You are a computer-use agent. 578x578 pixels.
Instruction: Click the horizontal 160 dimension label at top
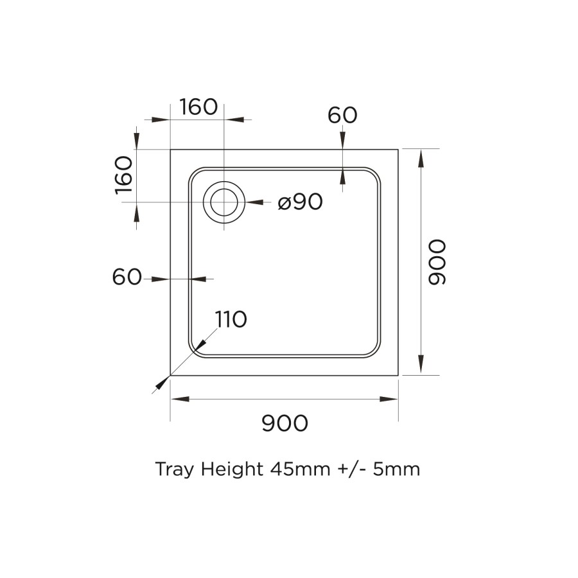point(198,107)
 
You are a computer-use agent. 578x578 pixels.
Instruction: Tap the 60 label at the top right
point(342,116)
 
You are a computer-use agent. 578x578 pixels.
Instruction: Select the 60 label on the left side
point(127,277)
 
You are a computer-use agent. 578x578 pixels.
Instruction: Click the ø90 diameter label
point(300,202)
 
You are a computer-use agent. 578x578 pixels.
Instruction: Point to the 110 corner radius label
point(231,319)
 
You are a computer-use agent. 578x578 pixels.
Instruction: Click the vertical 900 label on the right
point(436,262)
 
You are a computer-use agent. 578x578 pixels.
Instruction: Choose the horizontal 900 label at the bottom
point(285,423)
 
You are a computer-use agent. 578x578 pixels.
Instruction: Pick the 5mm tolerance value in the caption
point(396,469)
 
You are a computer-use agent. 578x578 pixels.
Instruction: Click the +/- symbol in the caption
point(352,469)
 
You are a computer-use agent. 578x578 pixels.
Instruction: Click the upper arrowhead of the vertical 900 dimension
point(421,157)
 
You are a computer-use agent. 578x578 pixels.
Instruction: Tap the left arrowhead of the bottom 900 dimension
point(179,399)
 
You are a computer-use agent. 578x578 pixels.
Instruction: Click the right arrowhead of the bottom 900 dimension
point(390,399)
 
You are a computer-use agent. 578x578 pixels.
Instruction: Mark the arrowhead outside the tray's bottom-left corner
point(161,384)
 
